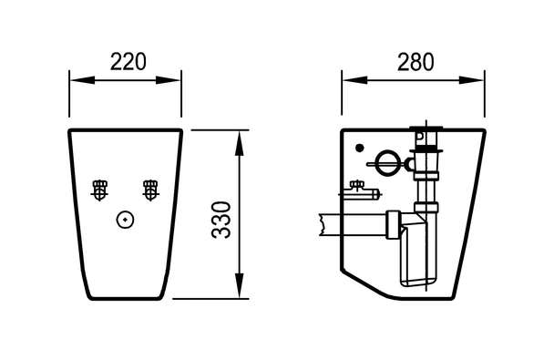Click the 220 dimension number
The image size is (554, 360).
(x=128, y=62)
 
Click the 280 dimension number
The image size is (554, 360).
(x=415, y=62)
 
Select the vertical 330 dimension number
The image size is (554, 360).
(x=221, y=220)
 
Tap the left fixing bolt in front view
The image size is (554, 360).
(x=100, y=190)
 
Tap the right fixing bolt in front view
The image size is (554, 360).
(x=150, y=190)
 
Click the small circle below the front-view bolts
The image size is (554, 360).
(x=125, y=220)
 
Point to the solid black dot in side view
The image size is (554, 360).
(x=360, y=148)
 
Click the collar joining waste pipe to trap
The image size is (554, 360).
(x=394, y=225)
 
